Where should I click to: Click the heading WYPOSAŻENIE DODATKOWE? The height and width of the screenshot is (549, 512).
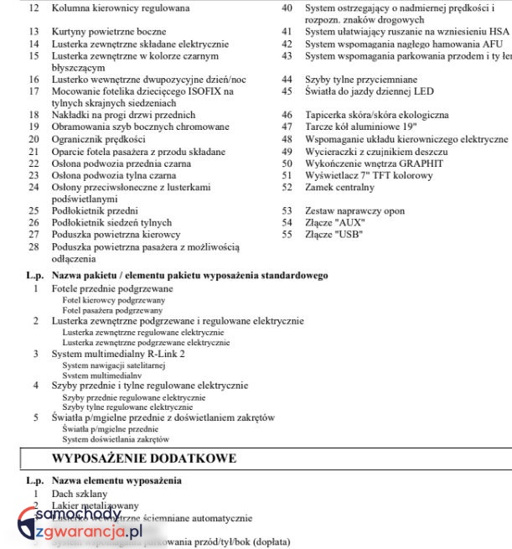tap(144, 458)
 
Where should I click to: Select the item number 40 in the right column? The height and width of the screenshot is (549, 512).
tap(287, 8)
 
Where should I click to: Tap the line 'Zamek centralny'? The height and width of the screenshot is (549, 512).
tap(339, 188)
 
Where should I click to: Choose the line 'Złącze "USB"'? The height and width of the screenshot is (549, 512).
tap(334, 235)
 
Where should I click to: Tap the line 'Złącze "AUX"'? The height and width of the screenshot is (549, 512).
tap(334, 223)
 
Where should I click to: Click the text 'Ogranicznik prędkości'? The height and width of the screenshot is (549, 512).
tap(98, 139)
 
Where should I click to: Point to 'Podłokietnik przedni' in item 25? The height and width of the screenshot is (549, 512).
tap(95, 211)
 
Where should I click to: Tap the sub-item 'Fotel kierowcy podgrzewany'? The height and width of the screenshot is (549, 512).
tap(113, 299)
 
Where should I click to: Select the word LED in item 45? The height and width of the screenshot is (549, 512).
tap(423, 91)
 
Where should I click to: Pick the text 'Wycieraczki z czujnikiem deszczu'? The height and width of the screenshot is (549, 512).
tap(376, 152)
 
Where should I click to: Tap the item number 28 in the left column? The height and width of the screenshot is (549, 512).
tap(34, 247)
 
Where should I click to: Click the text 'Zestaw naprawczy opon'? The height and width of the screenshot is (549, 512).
tap(355, 211)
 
